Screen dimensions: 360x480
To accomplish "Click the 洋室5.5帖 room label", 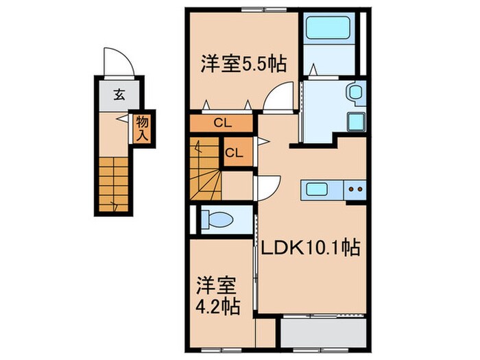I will coord(243,63).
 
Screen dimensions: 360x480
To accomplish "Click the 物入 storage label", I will coord(143,128).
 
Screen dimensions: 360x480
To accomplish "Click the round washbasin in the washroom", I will coord(354,91).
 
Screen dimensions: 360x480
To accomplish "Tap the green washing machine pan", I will coord(357,123).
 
